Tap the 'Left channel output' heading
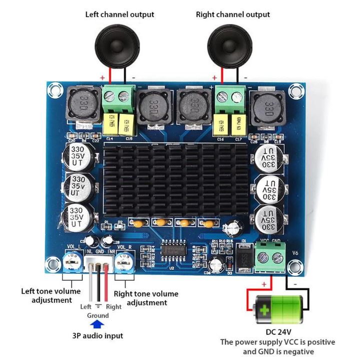pyautogui.click(x=120, y=15)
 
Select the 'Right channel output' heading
pyautogui.click(x=233, y=15)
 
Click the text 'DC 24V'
pyautogui.click(x=278, y=332)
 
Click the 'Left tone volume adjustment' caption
pyautogui.click(x=51, y=295)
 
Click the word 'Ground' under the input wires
pyautogui.click(x=98, y=315)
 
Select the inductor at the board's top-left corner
pyautogui.click(x=81, y=104)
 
